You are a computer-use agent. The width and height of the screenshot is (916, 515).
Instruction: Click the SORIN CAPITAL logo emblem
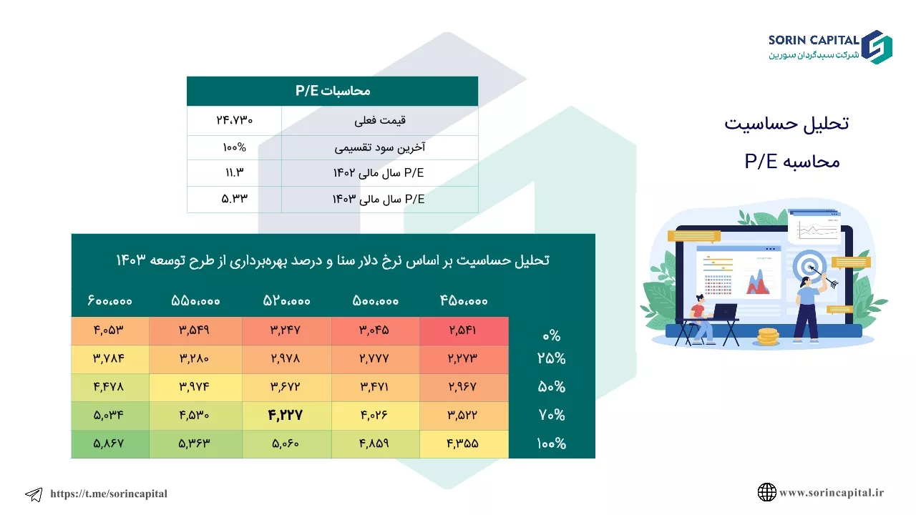pyautogui.click(x=877, y=47)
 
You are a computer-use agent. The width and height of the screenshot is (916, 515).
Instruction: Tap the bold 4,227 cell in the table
pyautogui.click(x=286, y=416)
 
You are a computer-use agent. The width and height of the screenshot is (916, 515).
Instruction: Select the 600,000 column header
pyautogui.click(x=109, y=301)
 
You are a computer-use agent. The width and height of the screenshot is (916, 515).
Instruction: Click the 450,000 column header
pyautogui.click(x=464, y=301)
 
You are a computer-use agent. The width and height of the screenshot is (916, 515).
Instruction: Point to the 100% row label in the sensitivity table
pyautogui.click(x=551, y=443)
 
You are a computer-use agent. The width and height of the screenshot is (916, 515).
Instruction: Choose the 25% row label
pyautogui.click(x=551, y=358)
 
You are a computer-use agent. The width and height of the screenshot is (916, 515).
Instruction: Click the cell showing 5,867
pyautogui.click(x=109, y=444)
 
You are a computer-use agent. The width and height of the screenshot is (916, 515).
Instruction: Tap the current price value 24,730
pyautogui.click(x=234, y=120)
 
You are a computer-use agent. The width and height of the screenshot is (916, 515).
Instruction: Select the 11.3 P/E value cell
pyautogui.click(x=234, y=172)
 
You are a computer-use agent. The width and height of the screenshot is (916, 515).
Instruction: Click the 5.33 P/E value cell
pyautogui.click(x=234, y=199)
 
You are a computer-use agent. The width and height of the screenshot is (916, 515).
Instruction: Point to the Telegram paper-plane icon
pyautogui.click(x=34, y=494)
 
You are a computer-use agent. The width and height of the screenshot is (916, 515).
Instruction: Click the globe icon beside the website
pyautogui.click(x=766, y=492)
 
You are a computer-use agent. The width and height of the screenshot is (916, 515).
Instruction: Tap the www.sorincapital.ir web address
pyautogui.click(x=832, y=493)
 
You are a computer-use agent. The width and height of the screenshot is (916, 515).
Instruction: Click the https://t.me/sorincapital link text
pyautogui.click(x=109, y=494)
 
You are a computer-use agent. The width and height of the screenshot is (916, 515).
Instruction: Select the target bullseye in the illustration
pyautogui.click(x=809, y=267)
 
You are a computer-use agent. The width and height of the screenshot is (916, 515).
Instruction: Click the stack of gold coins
pyautogui.click(x=768, y=337)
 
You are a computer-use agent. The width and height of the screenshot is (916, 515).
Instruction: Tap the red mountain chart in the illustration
pyautogui.click(x=758, y=282)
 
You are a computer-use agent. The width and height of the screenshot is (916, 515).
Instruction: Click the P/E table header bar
pyautogui.click(x=333, y=91)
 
